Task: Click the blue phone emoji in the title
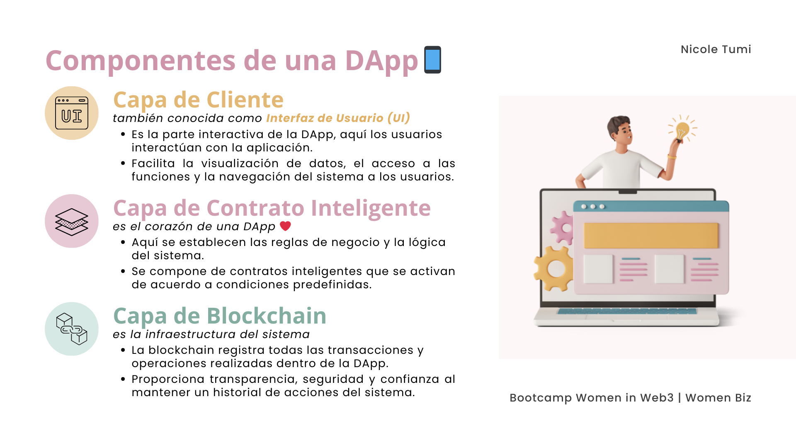432,60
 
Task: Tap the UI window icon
72,113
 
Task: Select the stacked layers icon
72,222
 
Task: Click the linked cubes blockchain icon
72,329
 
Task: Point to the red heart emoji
285,226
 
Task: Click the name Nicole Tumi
716,49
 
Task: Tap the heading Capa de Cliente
198,100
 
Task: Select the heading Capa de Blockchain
220,316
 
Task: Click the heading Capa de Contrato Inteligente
272,208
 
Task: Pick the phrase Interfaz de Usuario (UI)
338,118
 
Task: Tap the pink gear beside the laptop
563,227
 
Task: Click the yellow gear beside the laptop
553,268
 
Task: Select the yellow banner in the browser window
651,236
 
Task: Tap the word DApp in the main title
381,61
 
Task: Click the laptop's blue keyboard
627,311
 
